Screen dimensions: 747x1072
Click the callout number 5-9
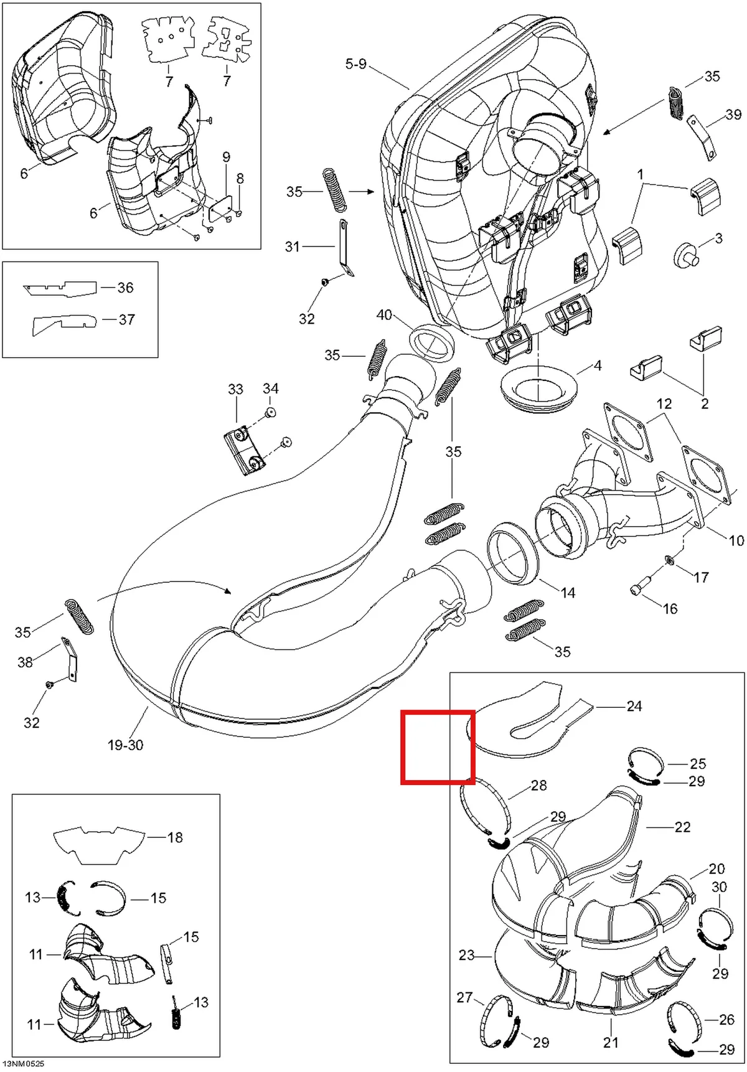click(x=356, y=64)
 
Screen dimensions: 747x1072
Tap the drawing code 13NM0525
click(x=23, y=1065)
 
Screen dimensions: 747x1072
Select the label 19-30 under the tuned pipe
click(x=125, y=745)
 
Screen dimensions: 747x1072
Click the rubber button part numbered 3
click(x=685, y=255)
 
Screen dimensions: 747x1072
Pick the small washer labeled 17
click(x=670, y=560)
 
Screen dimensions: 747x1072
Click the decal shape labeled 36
click(x=60, y=289)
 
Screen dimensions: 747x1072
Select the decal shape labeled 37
click(x=65, y=324)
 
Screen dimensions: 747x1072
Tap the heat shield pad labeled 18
click(x=100, y=844)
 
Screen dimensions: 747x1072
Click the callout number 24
click(x=634, y=706)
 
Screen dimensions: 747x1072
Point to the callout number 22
click(x=682, y=827)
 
